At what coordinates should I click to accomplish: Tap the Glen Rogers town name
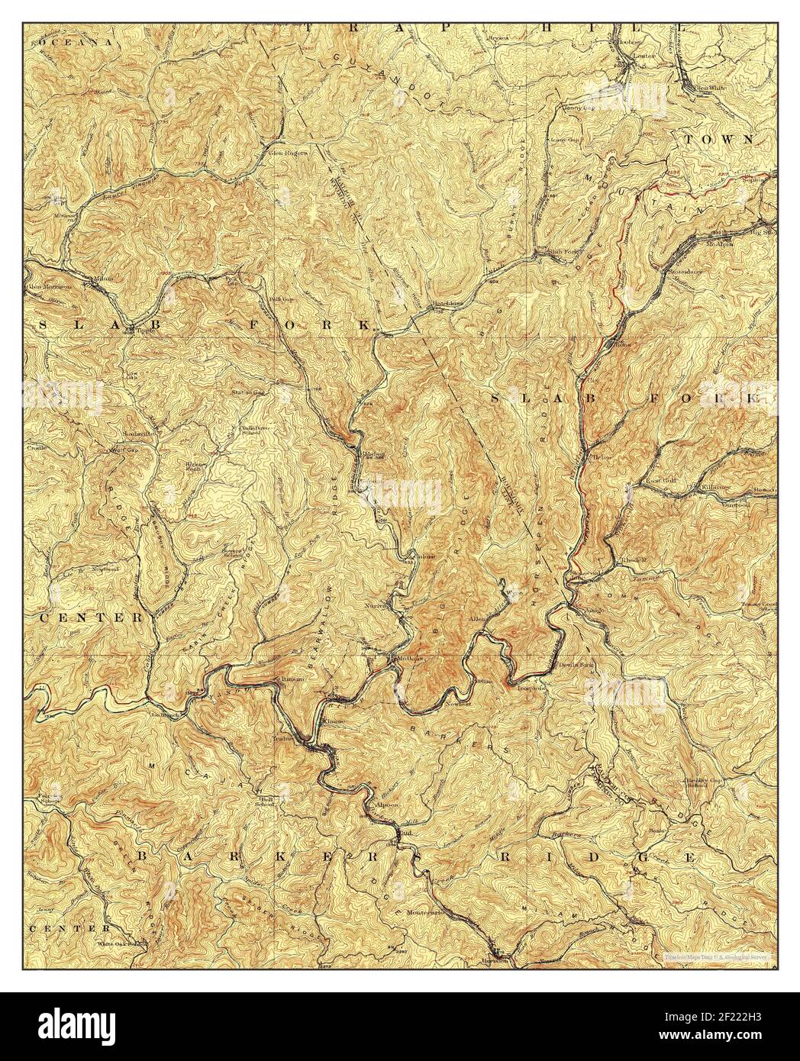click(289, 152)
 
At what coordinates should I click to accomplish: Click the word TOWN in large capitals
click(718, 140)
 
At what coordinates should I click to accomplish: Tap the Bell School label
click(265, 802)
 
